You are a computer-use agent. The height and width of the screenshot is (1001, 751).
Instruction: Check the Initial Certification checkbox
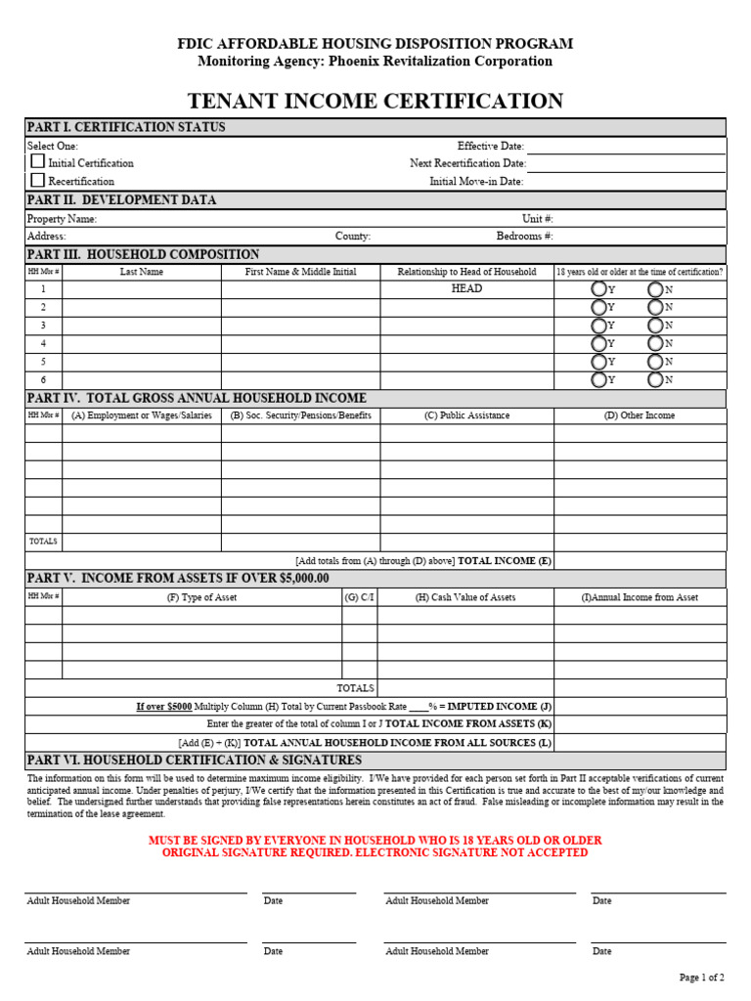38,162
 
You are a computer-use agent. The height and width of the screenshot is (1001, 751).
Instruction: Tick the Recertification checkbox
38,181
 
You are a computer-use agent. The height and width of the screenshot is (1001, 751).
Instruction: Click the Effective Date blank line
626,148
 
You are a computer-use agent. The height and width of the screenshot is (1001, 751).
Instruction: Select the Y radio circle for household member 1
598,289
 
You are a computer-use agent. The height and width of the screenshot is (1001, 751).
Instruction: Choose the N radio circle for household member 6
655,379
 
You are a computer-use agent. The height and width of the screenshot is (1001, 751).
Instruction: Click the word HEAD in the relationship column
466,289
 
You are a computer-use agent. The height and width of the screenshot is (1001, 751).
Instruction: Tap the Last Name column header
142,272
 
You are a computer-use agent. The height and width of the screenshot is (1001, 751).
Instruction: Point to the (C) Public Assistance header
466,415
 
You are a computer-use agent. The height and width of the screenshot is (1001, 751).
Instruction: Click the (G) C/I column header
359,597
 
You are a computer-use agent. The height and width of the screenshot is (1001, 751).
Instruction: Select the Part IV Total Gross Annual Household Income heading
197,398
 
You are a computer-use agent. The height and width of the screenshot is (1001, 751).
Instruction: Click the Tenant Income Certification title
375,101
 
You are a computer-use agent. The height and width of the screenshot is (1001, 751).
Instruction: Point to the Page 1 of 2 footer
701,977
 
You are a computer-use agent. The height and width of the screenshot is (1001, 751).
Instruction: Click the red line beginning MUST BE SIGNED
375,840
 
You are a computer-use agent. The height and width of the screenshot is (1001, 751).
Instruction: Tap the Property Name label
62,219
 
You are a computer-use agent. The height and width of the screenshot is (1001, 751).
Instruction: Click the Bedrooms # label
524,237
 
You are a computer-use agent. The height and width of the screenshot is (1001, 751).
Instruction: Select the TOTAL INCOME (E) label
505,561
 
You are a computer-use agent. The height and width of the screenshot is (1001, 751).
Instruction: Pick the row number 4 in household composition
43,343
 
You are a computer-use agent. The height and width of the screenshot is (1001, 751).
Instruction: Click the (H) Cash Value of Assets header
465,597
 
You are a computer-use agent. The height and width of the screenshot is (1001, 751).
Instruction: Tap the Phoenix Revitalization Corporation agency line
375,61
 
